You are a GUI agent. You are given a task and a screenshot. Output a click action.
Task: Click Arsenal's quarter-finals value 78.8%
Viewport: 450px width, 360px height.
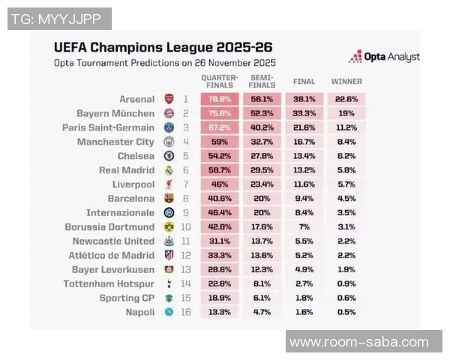219,99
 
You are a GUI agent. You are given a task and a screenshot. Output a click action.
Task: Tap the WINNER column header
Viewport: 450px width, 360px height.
346,81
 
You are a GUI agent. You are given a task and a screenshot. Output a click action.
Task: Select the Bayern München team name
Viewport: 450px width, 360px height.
115,113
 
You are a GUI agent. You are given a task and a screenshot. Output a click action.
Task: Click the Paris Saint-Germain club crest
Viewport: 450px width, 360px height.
169,127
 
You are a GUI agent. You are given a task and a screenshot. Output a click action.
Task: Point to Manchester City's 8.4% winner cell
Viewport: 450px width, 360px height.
346,142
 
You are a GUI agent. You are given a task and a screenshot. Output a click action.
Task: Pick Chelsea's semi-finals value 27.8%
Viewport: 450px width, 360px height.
261,156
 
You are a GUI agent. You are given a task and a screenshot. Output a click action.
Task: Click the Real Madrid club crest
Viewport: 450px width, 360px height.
169,170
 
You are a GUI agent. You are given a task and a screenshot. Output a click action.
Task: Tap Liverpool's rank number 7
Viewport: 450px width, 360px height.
184,184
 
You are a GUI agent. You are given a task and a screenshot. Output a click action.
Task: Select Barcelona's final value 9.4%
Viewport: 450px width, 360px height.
304,199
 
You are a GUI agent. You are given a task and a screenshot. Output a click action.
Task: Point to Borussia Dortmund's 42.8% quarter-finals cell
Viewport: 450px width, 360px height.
219,226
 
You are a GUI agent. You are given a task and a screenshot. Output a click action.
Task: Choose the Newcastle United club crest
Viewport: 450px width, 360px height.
169,241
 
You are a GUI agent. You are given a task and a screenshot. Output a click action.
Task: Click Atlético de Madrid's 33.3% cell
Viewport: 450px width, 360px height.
219,255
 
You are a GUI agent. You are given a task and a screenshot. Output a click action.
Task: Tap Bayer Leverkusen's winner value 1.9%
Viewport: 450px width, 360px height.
346,269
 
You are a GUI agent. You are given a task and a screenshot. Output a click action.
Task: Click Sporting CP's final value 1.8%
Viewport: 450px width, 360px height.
304,298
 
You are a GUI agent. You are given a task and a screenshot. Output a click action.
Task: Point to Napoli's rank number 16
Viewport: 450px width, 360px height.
187,311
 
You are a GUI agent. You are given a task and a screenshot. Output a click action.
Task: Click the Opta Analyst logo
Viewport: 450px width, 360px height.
384,56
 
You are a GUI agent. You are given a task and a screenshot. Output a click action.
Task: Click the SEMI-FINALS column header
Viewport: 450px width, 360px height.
261,81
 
